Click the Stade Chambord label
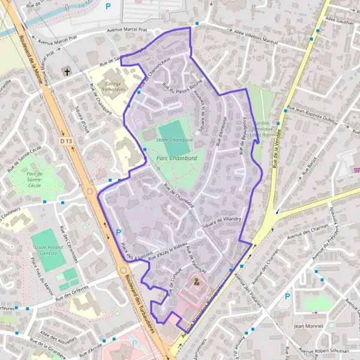tap(174, 140)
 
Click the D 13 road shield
tap(65, 140)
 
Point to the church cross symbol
tap(67, 72)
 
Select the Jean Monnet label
tap(308, 326)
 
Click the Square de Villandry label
tap(221, 221)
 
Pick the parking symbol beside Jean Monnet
tap(287, 296)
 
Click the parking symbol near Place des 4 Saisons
tap(118, 232)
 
